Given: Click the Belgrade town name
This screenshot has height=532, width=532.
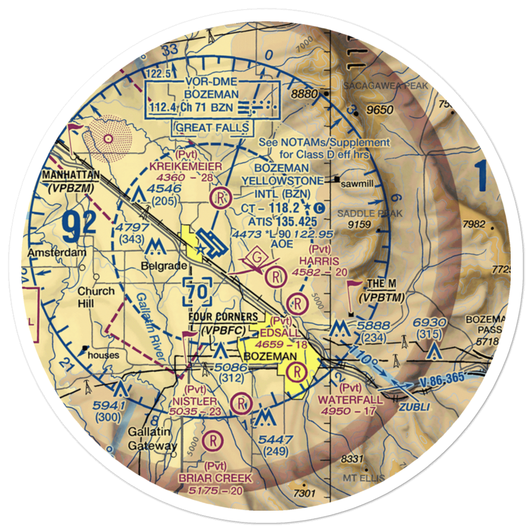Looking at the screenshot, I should (164, 265).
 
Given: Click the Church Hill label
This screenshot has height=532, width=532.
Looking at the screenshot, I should (96, 297).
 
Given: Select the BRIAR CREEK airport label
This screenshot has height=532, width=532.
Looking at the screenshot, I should (216, 478).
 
